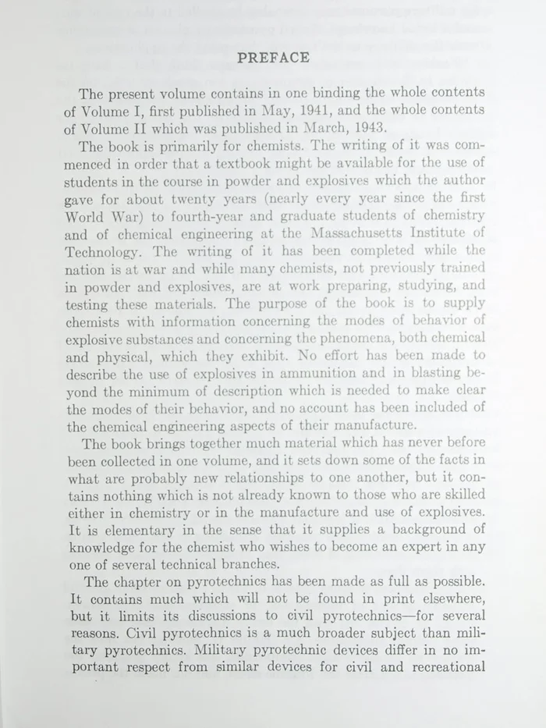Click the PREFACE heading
(273, 57)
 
